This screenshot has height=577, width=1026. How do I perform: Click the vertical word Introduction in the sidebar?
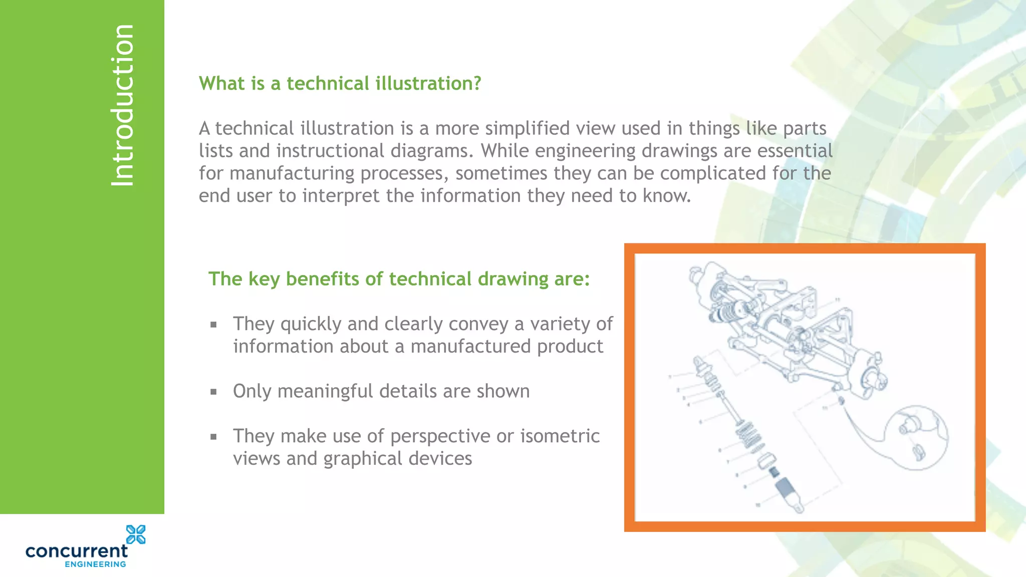pyautogui.click(x=123, y=105)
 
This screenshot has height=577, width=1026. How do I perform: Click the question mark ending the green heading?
pyautogui.click(x=476, y=83)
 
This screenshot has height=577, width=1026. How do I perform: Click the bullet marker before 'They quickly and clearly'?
pyautogui.click(x=214, y=325)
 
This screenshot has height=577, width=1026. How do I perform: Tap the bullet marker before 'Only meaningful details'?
pyautogui.click(x=214, y=392)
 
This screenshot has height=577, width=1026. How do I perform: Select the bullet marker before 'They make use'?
pyautogui.click(x=214, y=437)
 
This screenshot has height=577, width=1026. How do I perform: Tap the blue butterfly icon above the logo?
pyautogui.click(x=136, y=534)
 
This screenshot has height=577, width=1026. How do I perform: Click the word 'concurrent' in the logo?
pyautogui.click(x=77, y=551)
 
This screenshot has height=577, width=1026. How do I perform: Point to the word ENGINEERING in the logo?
pyautogui.click(x=95, y=564)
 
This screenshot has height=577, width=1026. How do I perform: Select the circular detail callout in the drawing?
pyautogui.click(x=916, y=438)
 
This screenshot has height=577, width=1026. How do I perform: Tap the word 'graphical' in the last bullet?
pyautogui.click(x=362, y=459)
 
